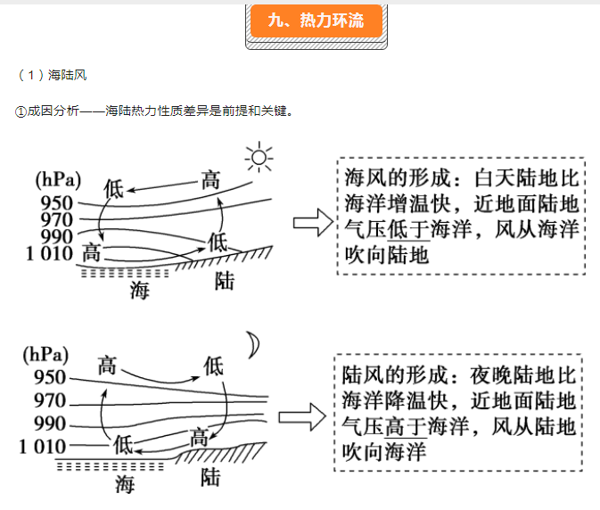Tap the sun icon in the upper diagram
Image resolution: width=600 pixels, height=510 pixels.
pyautogui.click(x=259, y=159)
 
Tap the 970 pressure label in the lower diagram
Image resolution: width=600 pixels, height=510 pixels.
pyautogui.click(x=50, y=400)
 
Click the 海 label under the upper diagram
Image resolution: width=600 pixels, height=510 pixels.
pyautogui.click(x=139, y=290)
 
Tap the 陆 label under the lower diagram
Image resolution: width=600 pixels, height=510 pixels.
pyautogui.click(x=211, y=477)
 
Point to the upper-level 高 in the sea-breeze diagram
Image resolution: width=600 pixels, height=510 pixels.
pyautogui.click(x=210, y=179)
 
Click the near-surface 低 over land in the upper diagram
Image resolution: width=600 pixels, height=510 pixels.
pyautogui.click(x=218, y=240)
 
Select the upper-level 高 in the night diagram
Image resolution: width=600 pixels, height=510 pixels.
pyautogui.click(x=107, y=365)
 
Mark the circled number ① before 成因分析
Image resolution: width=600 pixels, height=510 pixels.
pyautogui.click(x=21, y=111)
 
